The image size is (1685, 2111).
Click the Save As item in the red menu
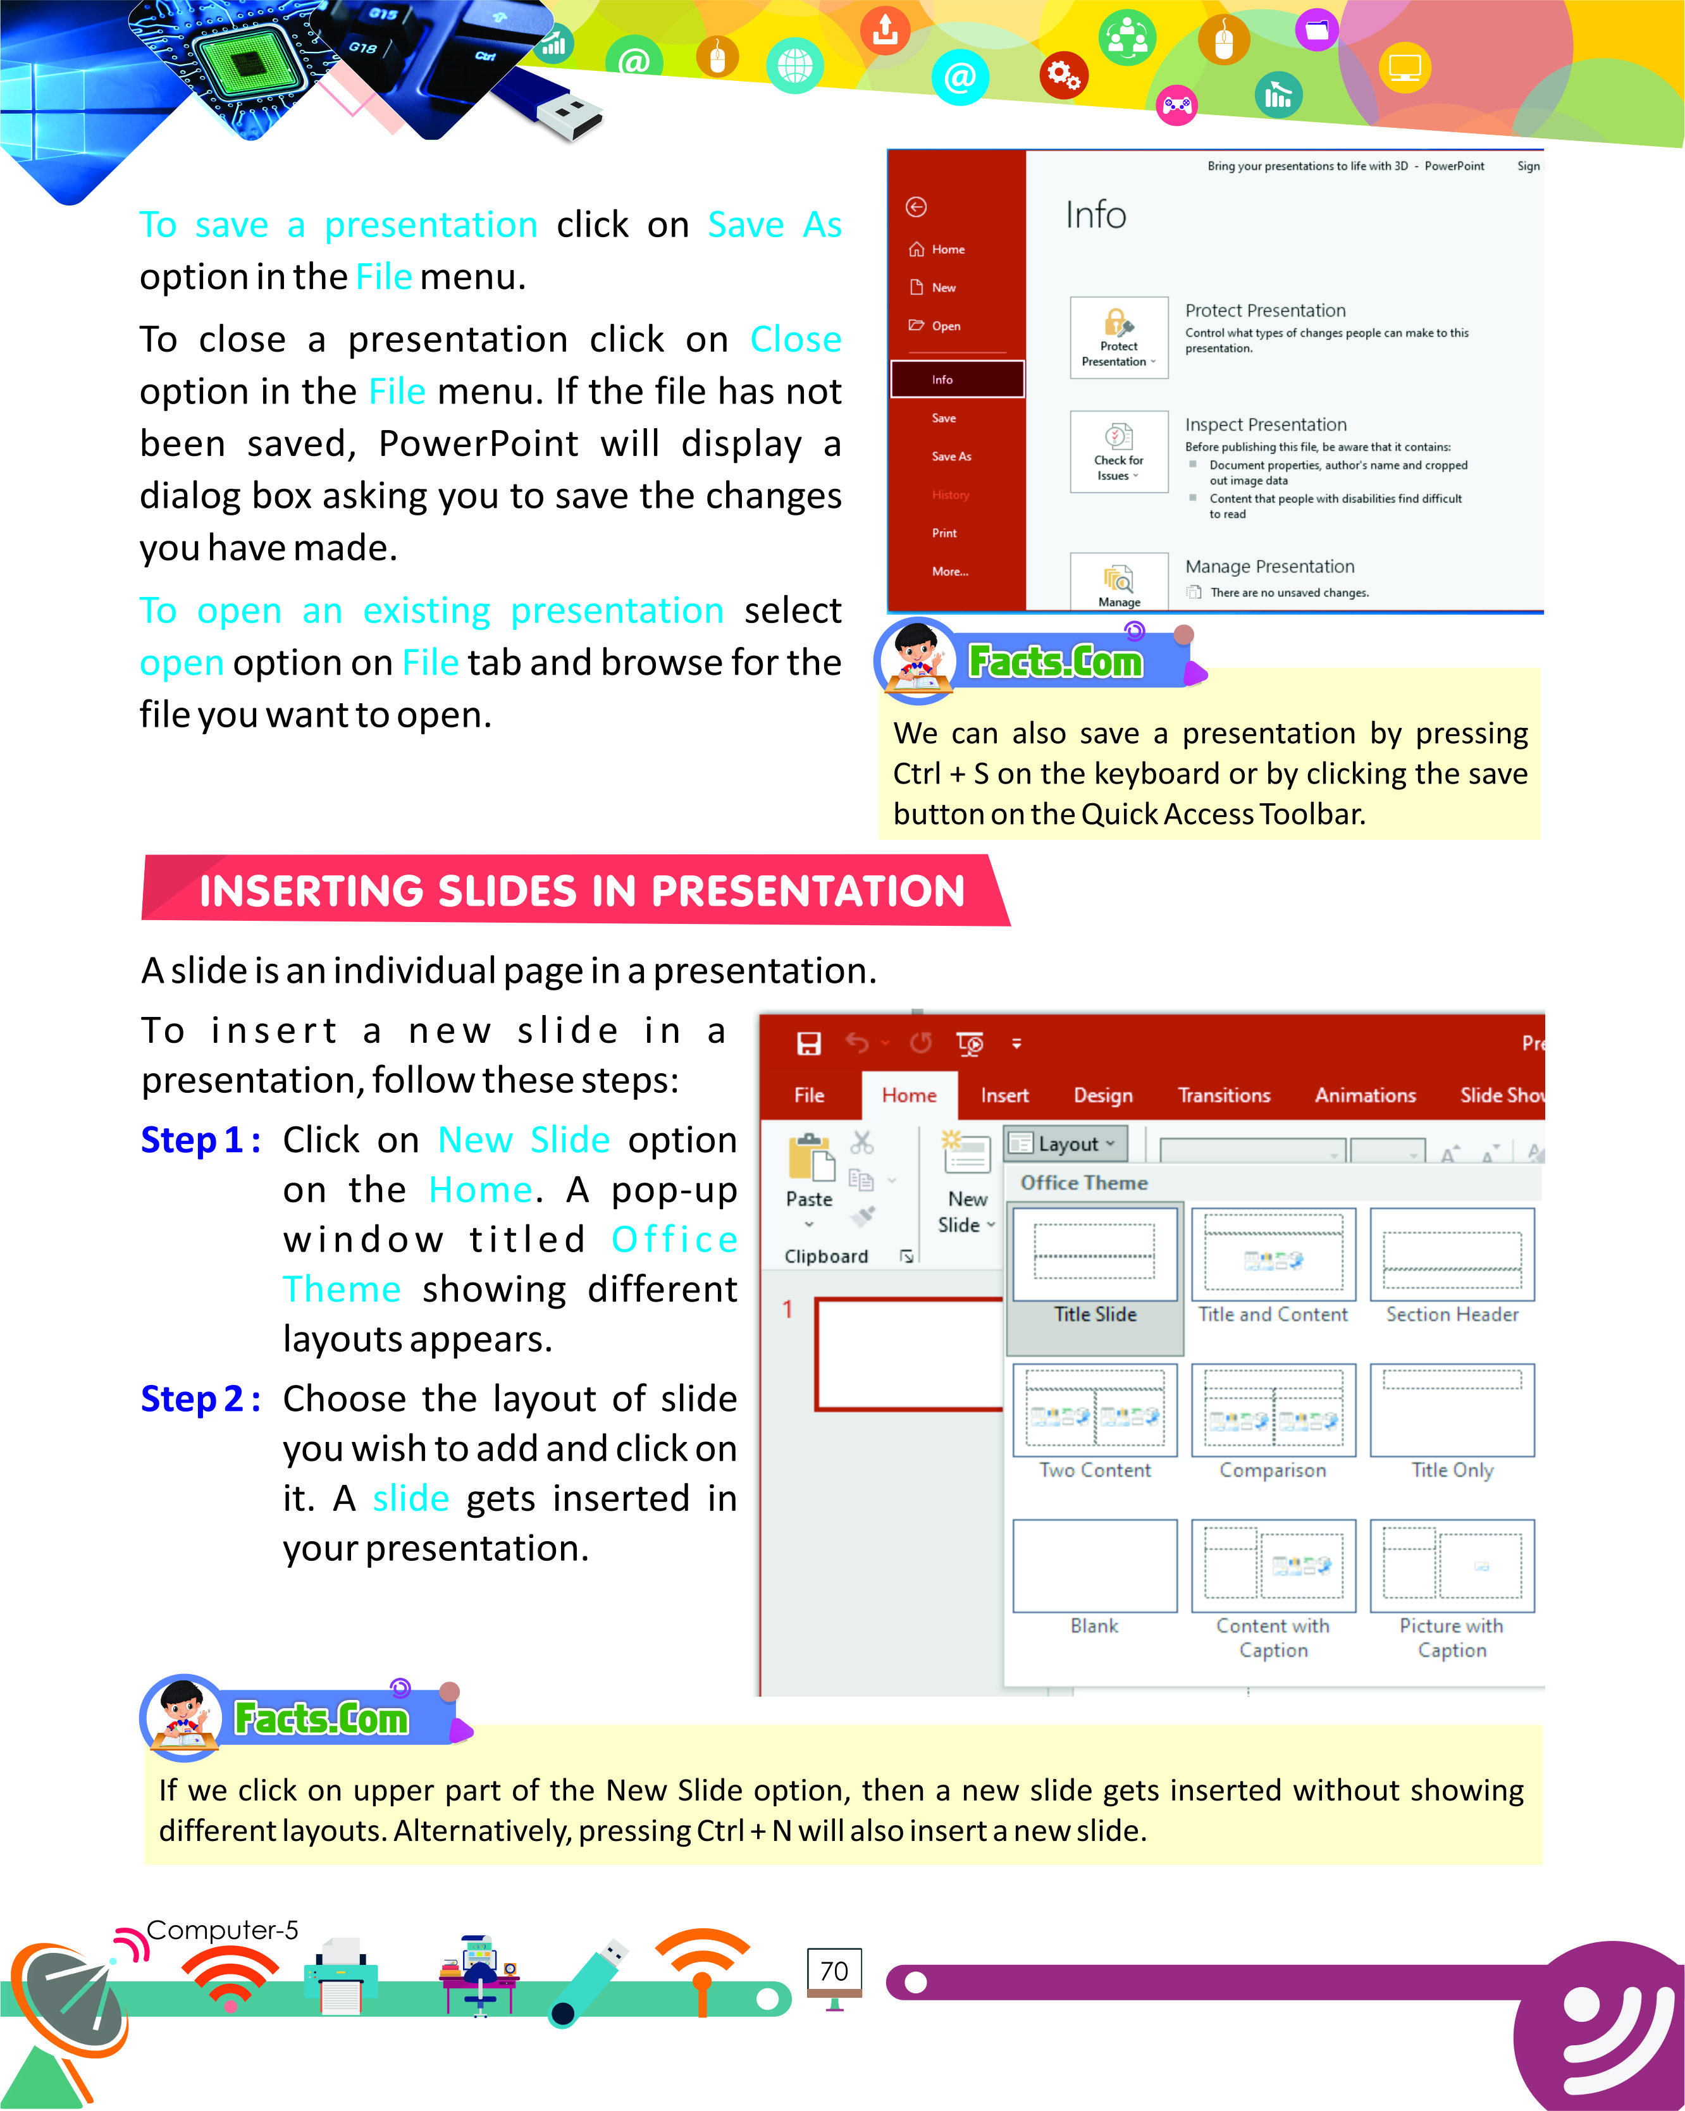[951, 456]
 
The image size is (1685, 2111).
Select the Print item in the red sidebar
[944, 532]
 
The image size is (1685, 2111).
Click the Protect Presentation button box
[1118, 337]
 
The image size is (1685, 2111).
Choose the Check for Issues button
[1118, 452]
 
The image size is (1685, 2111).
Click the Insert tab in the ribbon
[1004, 1095]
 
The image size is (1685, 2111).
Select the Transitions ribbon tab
[1224, 1095]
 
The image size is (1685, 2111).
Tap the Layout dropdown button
[1065, 1143]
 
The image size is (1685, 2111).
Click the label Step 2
[200, 1399]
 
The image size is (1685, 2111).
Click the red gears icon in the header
[1065, 75]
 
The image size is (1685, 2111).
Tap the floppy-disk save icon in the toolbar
[809, 1043]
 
